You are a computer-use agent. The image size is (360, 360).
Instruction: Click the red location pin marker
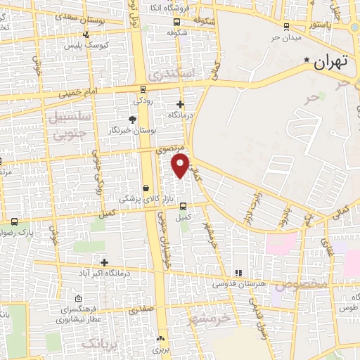point(181,166)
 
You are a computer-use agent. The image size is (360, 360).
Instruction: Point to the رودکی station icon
point(143,89)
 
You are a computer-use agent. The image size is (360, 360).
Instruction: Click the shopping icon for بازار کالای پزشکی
point(146,188)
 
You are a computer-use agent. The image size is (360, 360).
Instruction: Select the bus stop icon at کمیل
point(184,207)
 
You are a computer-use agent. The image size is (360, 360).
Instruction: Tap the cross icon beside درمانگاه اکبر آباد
point(104,262)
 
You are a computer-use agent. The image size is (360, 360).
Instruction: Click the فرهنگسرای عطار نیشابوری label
point(76,314)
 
